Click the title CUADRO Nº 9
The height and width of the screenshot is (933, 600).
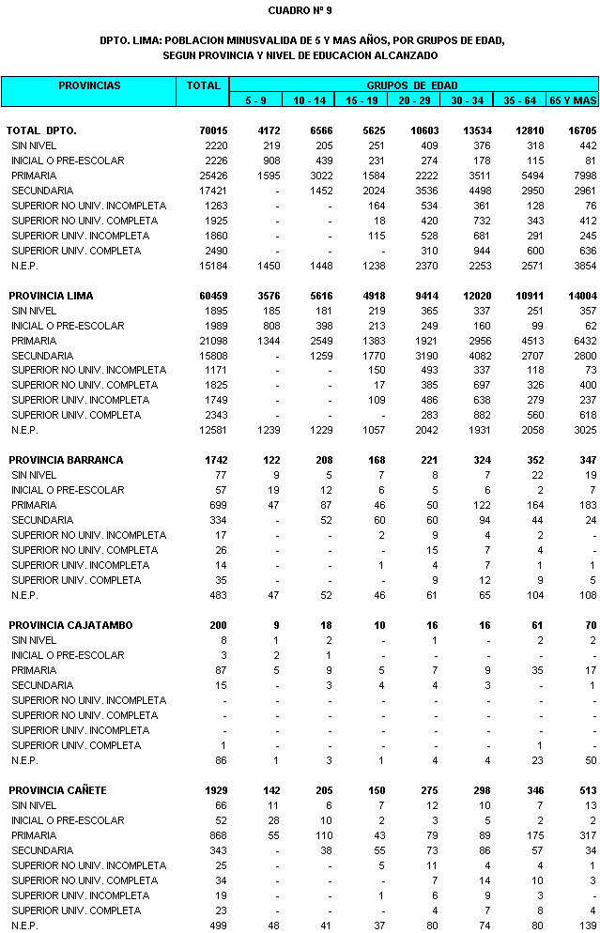tap(300, 11)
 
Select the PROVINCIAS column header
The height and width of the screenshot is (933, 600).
tap(89, 86)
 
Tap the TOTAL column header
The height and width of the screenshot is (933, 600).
tap(203, 86)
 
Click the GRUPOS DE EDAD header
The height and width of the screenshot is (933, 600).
tap(412, 85)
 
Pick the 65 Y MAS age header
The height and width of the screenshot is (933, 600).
tap(573, 99)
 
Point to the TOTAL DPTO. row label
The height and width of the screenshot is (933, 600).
tap(41, 130)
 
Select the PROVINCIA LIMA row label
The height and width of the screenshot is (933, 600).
tap(51, 296)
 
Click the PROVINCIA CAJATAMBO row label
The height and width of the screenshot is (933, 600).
tap(70, 625)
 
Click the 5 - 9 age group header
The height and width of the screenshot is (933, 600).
tap(255, 99)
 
